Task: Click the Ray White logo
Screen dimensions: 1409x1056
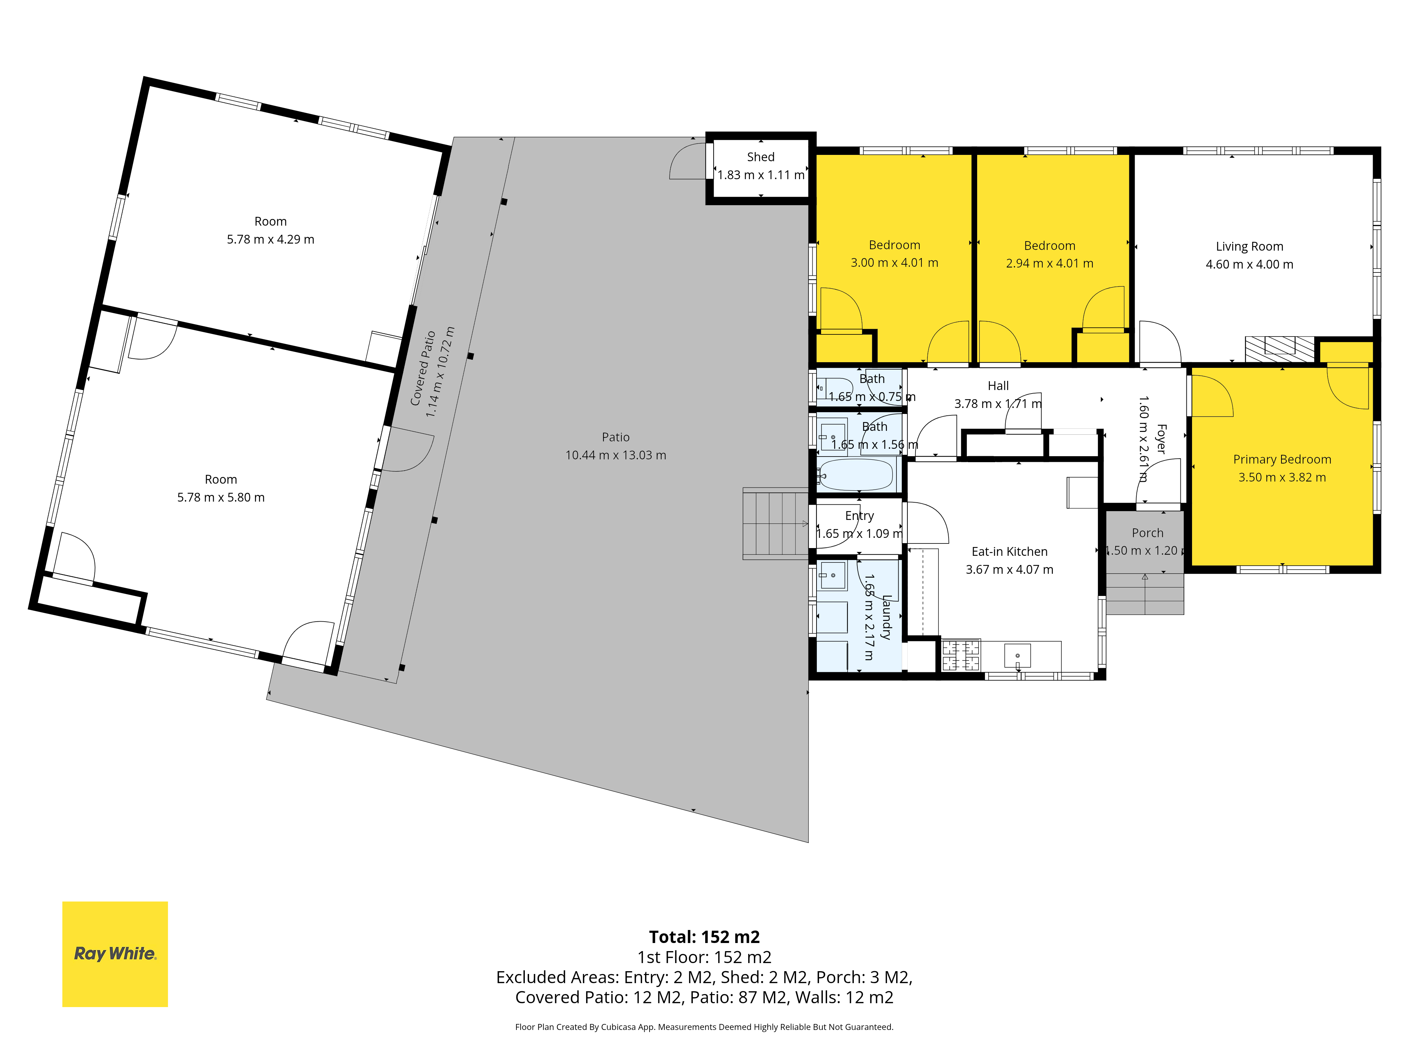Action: (x=114, y=954)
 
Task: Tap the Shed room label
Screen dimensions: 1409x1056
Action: (x=761, y=157)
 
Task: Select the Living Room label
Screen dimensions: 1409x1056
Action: (x=1249, y=246)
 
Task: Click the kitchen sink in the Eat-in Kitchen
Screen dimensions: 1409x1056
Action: (x=1018, y=656)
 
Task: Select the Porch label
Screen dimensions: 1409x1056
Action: (x=1147, y=533)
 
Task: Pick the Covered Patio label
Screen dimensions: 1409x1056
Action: (x=423, y=368)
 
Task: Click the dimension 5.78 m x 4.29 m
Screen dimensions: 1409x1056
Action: (x=271, y=239)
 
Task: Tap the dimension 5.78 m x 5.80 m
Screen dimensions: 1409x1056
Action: (x=221, y=497)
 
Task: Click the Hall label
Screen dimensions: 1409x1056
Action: (x=998, y=386)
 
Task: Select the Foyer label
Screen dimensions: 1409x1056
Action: (x=1161, y=439)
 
